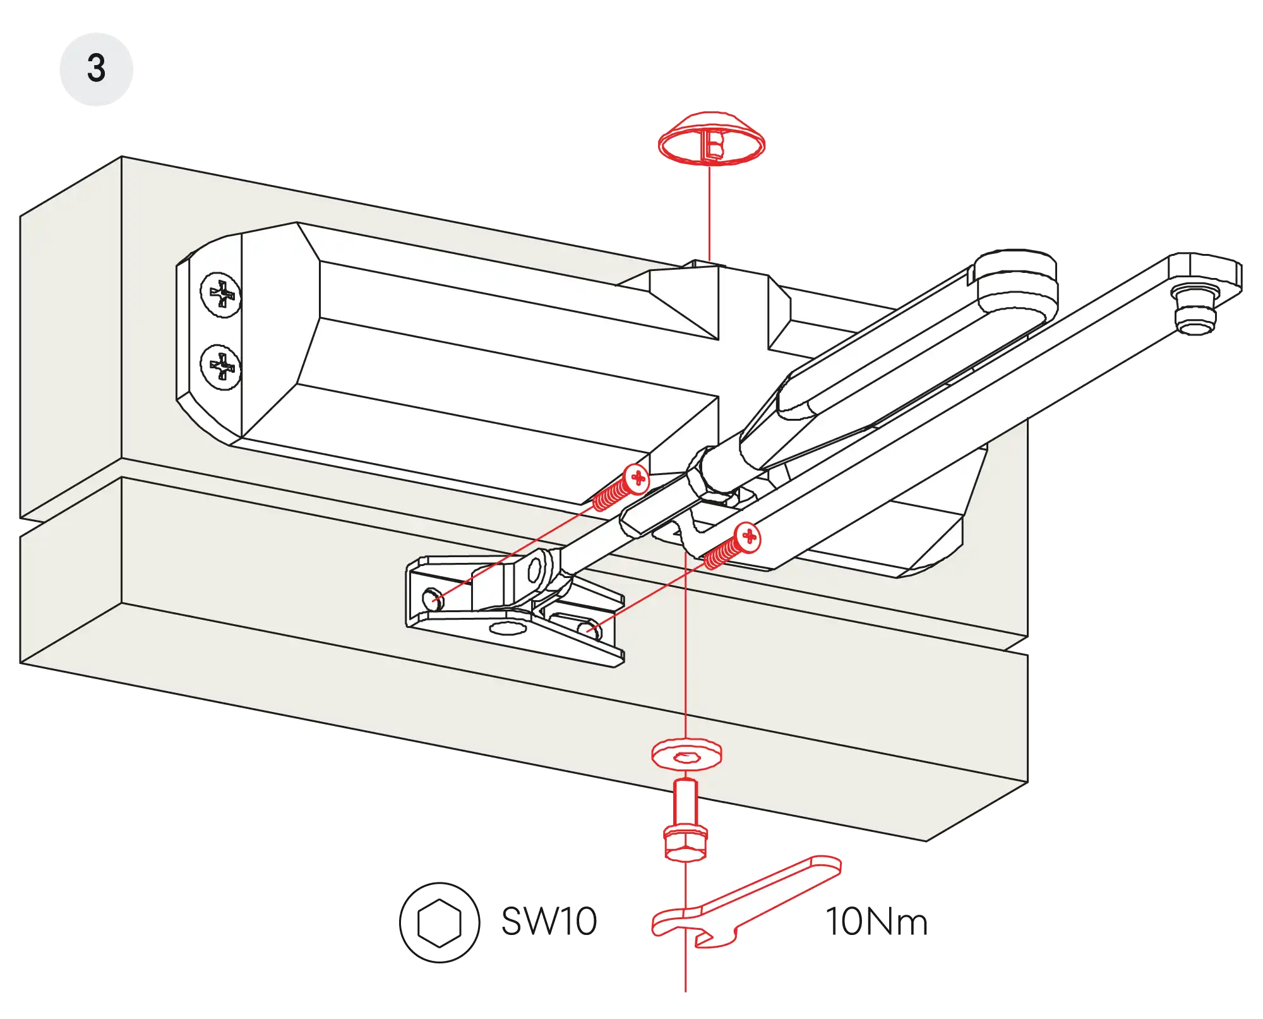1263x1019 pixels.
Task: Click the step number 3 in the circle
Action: click(96, 68)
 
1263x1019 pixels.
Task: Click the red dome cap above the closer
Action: click(711, 140)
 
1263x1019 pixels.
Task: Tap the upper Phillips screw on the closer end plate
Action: click(220, 294)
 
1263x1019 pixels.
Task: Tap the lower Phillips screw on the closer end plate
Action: click(220, 367)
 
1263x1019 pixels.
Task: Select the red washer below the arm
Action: click(686, 754)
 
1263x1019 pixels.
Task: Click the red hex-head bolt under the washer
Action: click(686, 828)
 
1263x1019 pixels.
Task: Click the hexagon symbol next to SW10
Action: click(440, 922)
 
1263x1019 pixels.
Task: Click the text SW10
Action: click(548, 921)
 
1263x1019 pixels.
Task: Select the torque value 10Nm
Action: click(877, 921)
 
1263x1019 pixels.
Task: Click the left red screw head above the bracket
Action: click(637, 478)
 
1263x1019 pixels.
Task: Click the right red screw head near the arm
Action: click(748, 537)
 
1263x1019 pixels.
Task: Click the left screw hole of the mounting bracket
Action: click(432, 598)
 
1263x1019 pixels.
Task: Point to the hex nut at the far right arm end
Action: click(1194, 310)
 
